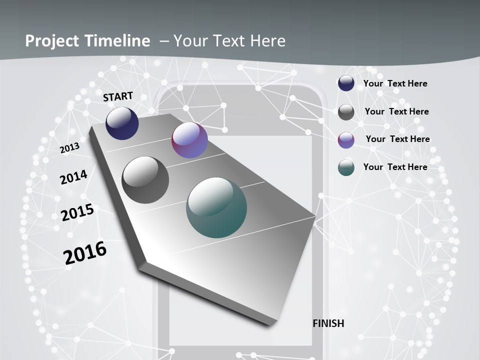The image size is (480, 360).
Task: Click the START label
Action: pyautogui.click(x=118, y=96)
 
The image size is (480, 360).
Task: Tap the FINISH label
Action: pyautogui.click(x=328, y=323)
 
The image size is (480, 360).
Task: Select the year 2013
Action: pyautogui.click(x=69, y=148)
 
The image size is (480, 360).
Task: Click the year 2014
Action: pyautogui.click(x=73, y=177)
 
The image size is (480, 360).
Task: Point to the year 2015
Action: pyautogui.click(x=77, y=212)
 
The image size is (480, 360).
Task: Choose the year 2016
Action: pyautogui.click(x=85, y=253)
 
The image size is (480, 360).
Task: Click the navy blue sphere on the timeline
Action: pyautogui.click(x=122, y=123)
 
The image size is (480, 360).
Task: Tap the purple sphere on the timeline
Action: pyautogui.click(x=189, y=140)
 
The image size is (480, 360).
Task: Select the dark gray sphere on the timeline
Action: pyautogui.click(x=145, y=180)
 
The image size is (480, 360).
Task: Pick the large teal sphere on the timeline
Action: pyautogui.click(x=216, y=207)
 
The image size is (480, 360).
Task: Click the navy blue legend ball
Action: pyautogui.click(x=346, y=83)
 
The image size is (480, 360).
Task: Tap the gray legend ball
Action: pyautogui.click(x=346, y=112)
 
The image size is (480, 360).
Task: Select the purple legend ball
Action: pyautogui.click(x=346, y=140)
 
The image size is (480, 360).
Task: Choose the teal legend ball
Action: pyautogui.click(x=346, y=168)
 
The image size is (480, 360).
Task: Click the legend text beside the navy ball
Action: pyautogui.click(x=395, y=83)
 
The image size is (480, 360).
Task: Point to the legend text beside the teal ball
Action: pyautogui.click(x=395, y=167)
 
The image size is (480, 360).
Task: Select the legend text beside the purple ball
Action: pyautogui.click(x=397, y=139)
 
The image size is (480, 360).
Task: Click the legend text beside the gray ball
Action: pyautogui.click(x=396, y=111)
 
